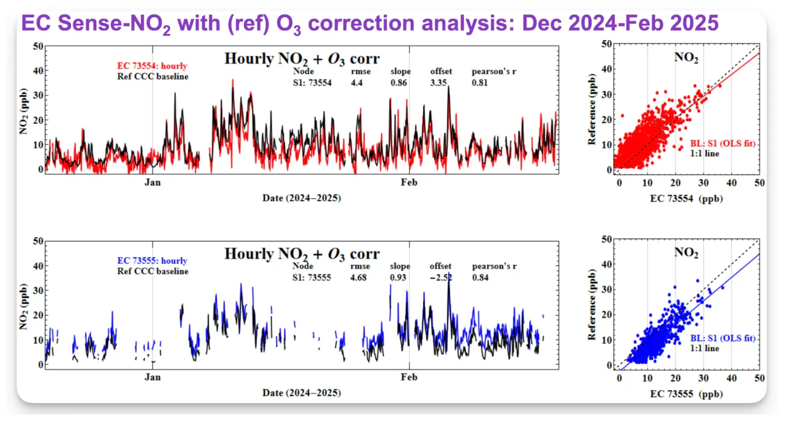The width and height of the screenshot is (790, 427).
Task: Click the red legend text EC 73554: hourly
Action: pos(152,66)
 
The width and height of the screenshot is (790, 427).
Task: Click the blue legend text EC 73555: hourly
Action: pos(152,261)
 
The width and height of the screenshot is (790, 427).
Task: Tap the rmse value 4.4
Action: pos(356,83)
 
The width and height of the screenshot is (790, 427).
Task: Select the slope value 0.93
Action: pos(398,277)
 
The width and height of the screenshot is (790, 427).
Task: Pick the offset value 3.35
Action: pos(438,83)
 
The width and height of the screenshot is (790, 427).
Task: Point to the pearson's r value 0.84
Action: pos(480,277)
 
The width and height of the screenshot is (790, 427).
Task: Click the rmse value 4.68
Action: pos(358,277)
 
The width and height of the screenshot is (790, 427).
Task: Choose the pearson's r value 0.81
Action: pos(479,83)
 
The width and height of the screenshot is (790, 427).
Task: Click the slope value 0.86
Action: pos(398,83)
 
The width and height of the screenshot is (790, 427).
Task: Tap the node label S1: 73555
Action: pos(312,277)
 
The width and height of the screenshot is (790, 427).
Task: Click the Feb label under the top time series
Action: pos(409,183)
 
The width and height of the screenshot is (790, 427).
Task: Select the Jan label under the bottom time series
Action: pos(153,377)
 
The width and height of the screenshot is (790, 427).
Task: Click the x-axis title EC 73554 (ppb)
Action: pos(686,199)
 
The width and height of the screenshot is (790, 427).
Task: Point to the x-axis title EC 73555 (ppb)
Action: pos(686,394)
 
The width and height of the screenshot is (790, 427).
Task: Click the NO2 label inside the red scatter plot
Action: pos(686,58)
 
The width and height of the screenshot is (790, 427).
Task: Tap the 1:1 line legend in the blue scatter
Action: pos(705,349)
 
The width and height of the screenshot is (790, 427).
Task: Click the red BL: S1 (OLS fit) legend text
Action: pos(722,144)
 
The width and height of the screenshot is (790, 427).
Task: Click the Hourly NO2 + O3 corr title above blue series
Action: pos(302,254)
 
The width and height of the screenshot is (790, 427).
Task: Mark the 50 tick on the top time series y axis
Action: pos(38,46)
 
